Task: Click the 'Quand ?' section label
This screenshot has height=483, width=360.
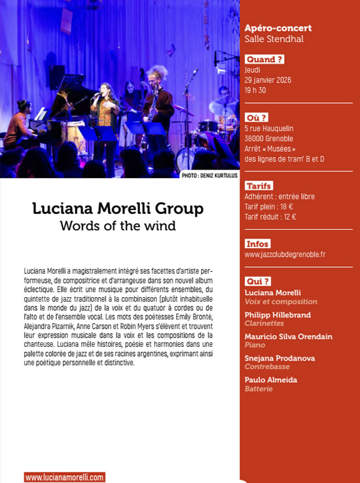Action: (264, 60)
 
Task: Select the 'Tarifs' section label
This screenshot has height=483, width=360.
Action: (259, 186)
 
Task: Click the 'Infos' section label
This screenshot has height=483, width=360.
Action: (258, 243)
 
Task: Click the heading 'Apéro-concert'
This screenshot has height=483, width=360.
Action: (278, 28)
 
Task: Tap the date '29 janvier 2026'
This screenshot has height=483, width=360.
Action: (268, 80)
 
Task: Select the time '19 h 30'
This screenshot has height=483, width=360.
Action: (255, 90)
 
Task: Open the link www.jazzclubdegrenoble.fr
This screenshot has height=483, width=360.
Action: (285, 254)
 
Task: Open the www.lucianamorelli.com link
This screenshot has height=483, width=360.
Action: (65, 478)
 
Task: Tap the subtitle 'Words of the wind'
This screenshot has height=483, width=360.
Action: (118, 226)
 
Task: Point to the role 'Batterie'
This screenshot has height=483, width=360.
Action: (259, 389)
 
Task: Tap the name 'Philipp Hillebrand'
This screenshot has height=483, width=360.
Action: (278, 314)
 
